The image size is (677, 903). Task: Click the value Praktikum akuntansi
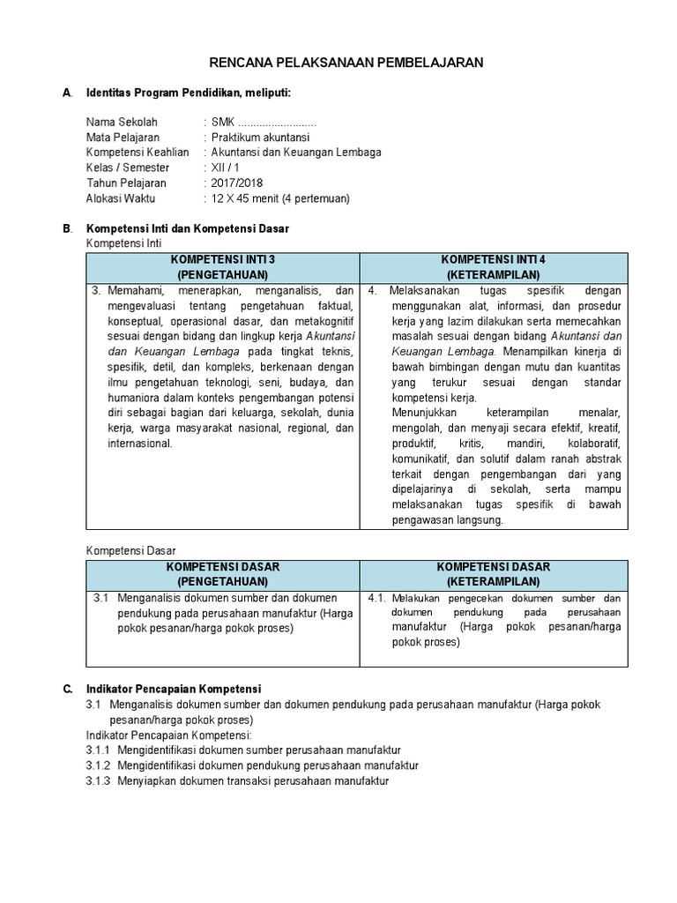260,138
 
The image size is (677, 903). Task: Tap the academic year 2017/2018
237,183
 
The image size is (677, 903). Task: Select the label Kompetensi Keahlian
138,153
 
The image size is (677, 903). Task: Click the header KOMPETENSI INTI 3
222,260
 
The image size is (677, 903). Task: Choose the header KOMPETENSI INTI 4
493,260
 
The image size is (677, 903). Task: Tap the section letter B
67,228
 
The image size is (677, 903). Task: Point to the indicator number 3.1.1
98,750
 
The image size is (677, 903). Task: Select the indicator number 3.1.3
98,781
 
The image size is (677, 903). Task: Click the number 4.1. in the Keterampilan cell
377,598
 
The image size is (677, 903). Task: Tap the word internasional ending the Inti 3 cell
140,444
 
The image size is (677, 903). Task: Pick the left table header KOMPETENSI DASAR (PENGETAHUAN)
222,574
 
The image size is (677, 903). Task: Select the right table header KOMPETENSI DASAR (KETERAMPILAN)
493,574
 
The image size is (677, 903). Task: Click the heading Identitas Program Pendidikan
188,93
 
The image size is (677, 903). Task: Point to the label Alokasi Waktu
121,198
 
